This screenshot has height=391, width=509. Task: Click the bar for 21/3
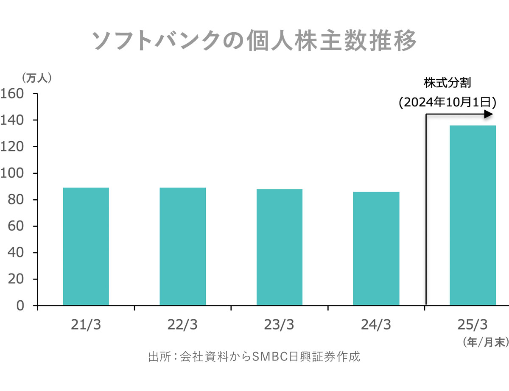(x=86, y=246)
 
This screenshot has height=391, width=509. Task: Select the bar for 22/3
(x=183, y=246)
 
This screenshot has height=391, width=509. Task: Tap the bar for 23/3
(x=280, y=247)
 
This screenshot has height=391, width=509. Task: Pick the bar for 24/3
(x=376, y=249)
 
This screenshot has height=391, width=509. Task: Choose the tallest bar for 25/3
(x=473, y=215)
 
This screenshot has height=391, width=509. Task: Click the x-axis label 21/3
(x=86, y=325)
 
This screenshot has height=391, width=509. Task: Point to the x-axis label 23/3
(x=280, y=325)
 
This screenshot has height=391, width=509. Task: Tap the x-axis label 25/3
(x=473, y=325)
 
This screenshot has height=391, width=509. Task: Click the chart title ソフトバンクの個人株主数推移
(x=255, y=41)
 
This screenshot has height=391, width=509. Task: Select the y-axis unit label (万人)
(x=36, y=78)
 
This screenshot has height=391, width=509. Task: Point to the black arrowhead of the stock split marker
(x=489, y=114)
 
